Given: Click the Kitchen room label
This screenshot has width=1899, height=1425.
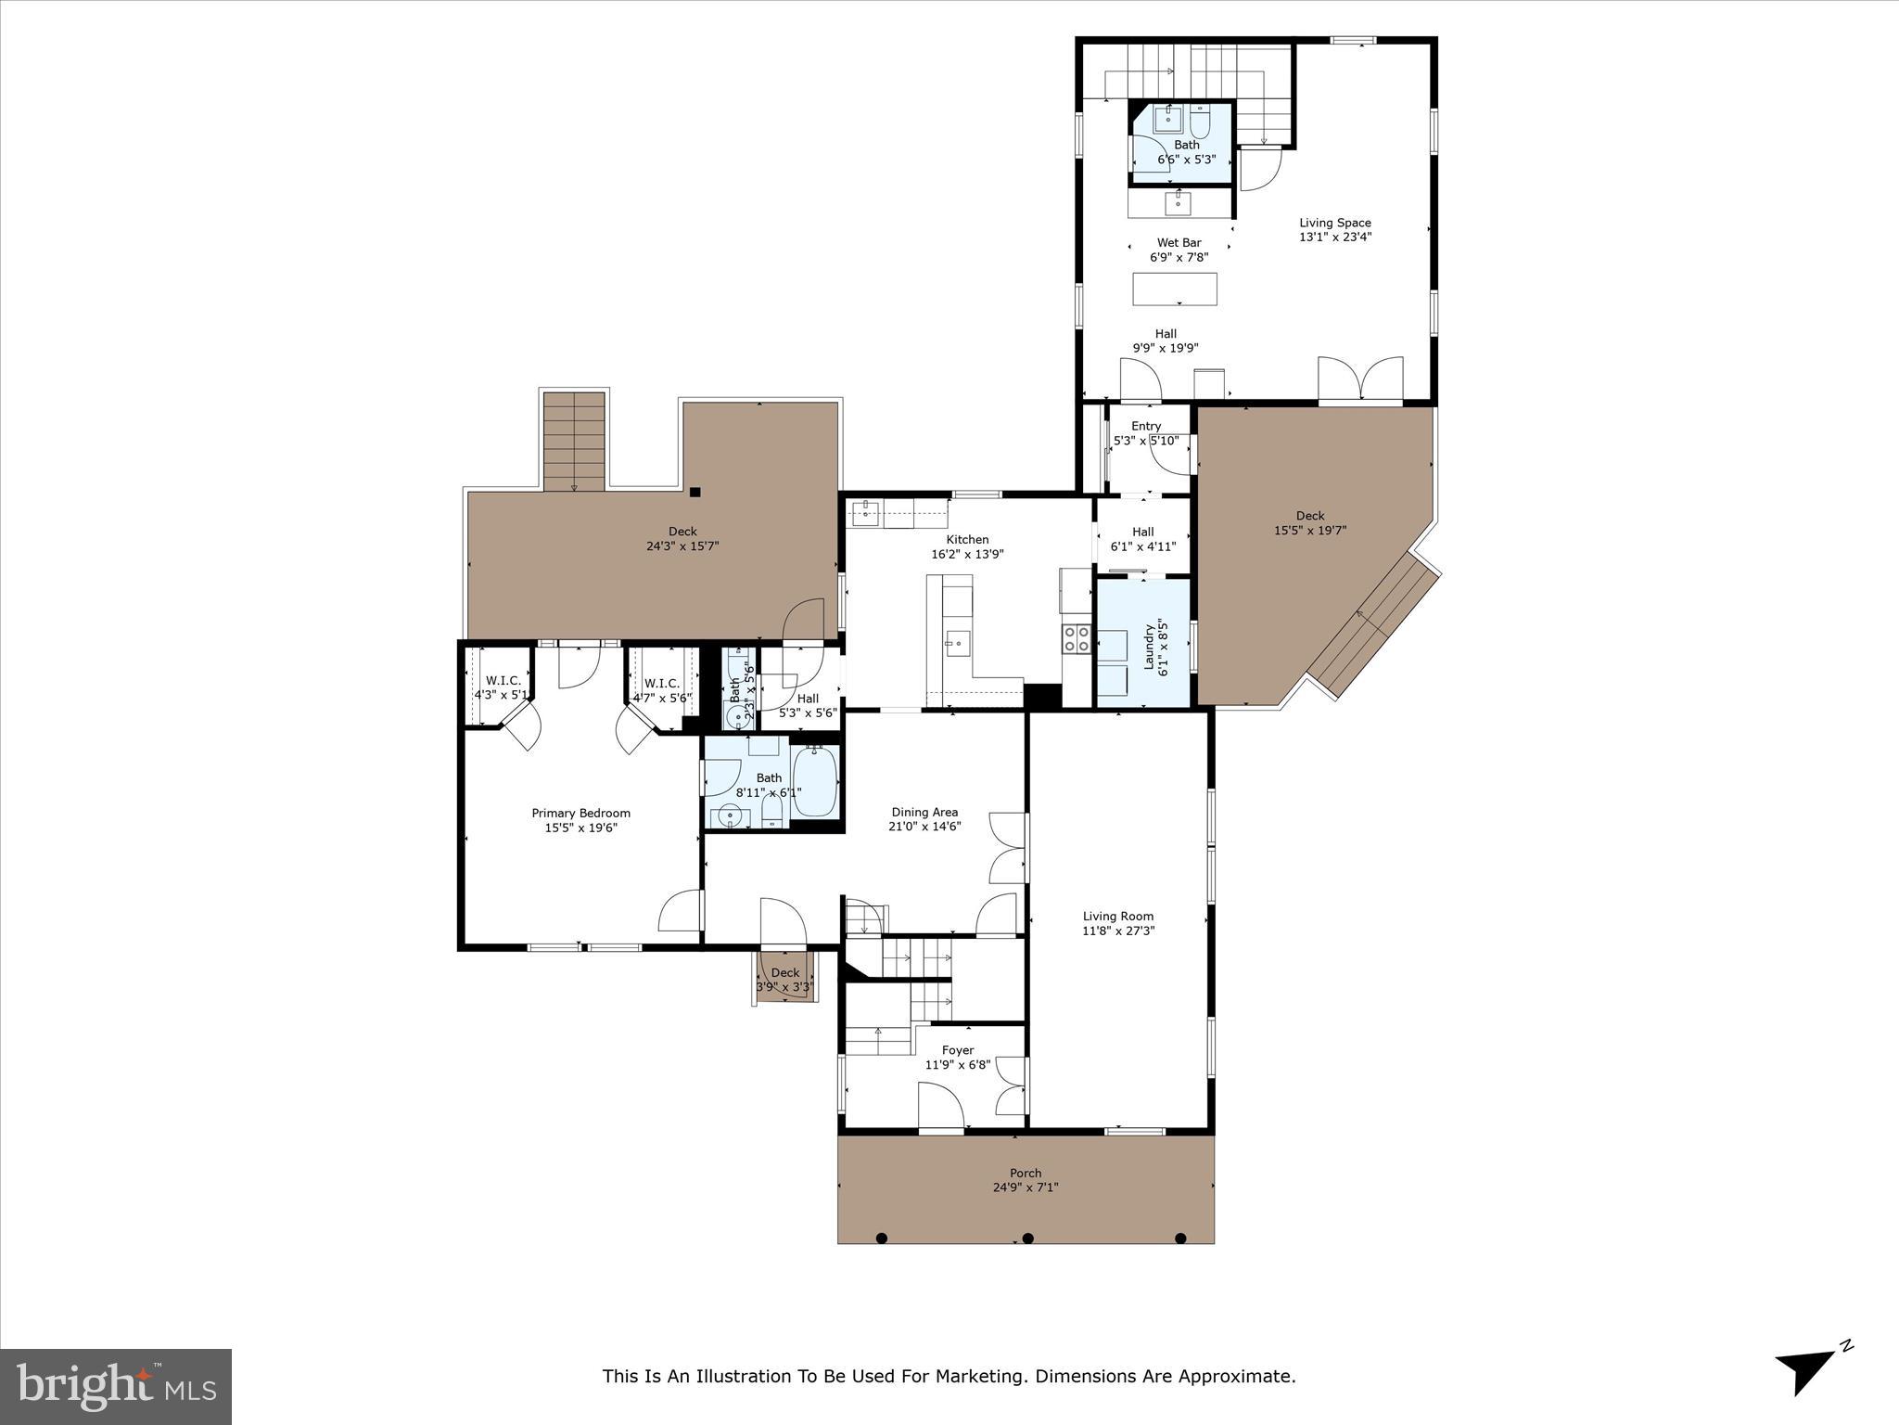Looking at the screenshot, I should pos(967,539).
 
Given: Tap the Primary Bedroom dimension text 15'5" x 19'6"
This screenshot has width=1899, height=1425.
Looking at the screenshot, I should pos(580,828).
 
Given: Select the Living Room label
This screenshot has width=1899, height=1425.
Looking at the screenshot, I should pos(1117,916).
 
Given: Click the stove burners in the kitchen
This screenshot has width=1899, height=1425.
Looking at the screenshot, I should pos(1076,637).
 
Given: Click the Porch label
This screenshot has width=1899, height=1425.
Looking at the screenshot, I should pos(1025,1173).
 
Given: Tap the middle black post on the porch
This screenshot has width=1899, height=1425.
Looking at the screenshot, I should pos(1027,1238).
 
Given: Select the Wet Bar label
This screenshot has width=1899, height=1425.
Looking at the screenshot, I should pos(1179,243).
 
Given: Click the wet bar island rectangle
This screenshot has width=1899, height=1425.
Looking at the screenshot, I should pos(1175,289).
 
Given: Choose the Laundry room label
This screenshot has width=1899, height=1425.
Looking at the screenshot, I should pos(1150,646).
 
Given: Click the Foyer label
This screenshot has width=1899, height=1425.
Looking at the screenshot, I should pos(957,1050).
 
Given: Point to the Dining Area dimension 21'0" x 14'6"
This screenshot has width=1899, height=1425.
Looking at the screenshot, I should pos(924,826).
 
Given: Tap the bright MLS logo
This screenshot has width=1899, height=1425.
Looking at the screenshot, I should pos(116,1386).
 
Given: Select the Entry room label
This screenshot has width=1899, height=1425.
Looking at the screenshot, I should pos(1146,426).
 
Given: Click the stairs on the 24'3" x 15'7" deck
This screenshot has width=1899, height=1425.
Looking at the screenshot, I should pos(574,442).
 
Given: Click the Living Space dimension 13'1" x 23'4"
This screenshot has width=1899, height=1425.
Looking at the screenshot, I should pos(1334,237).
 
